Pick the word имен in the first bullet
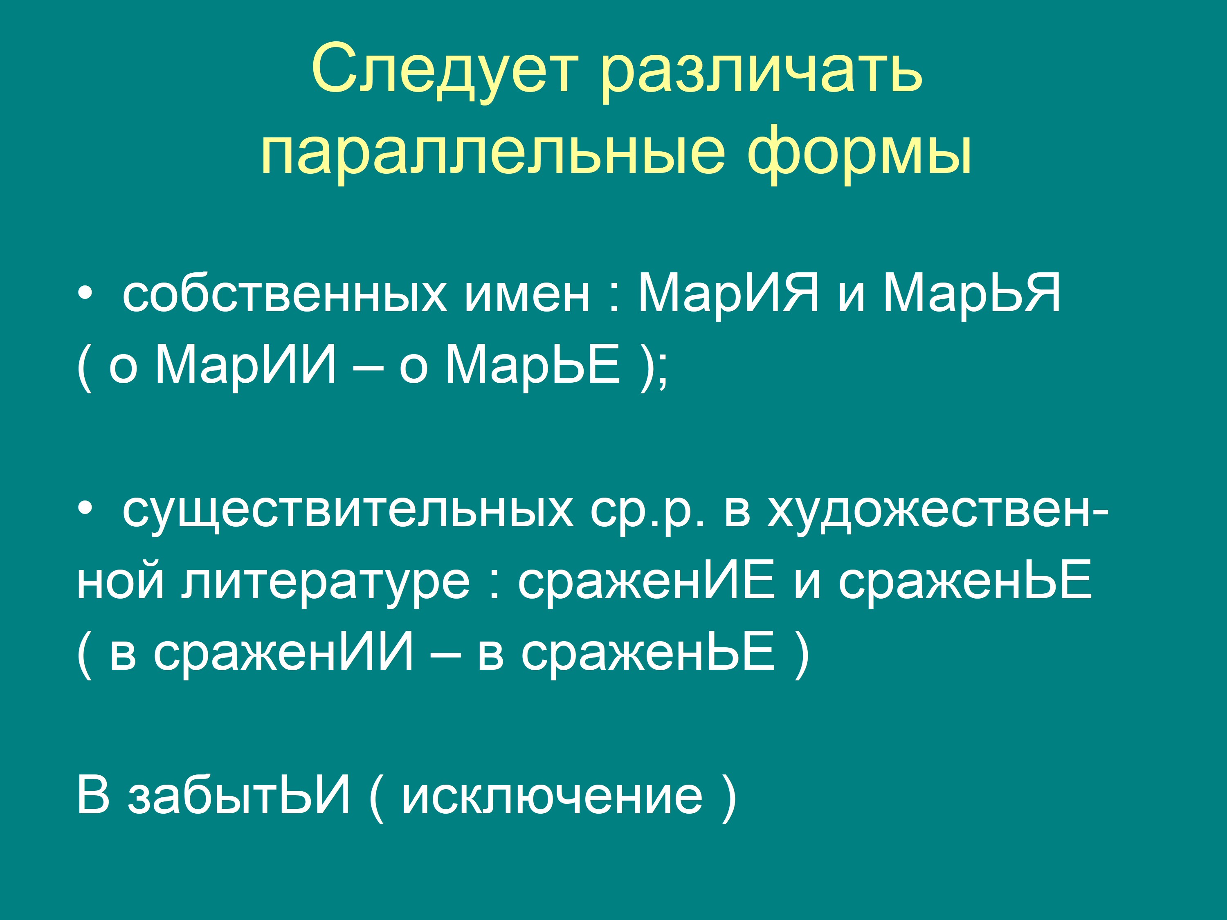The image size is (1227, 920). [527, 294]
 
